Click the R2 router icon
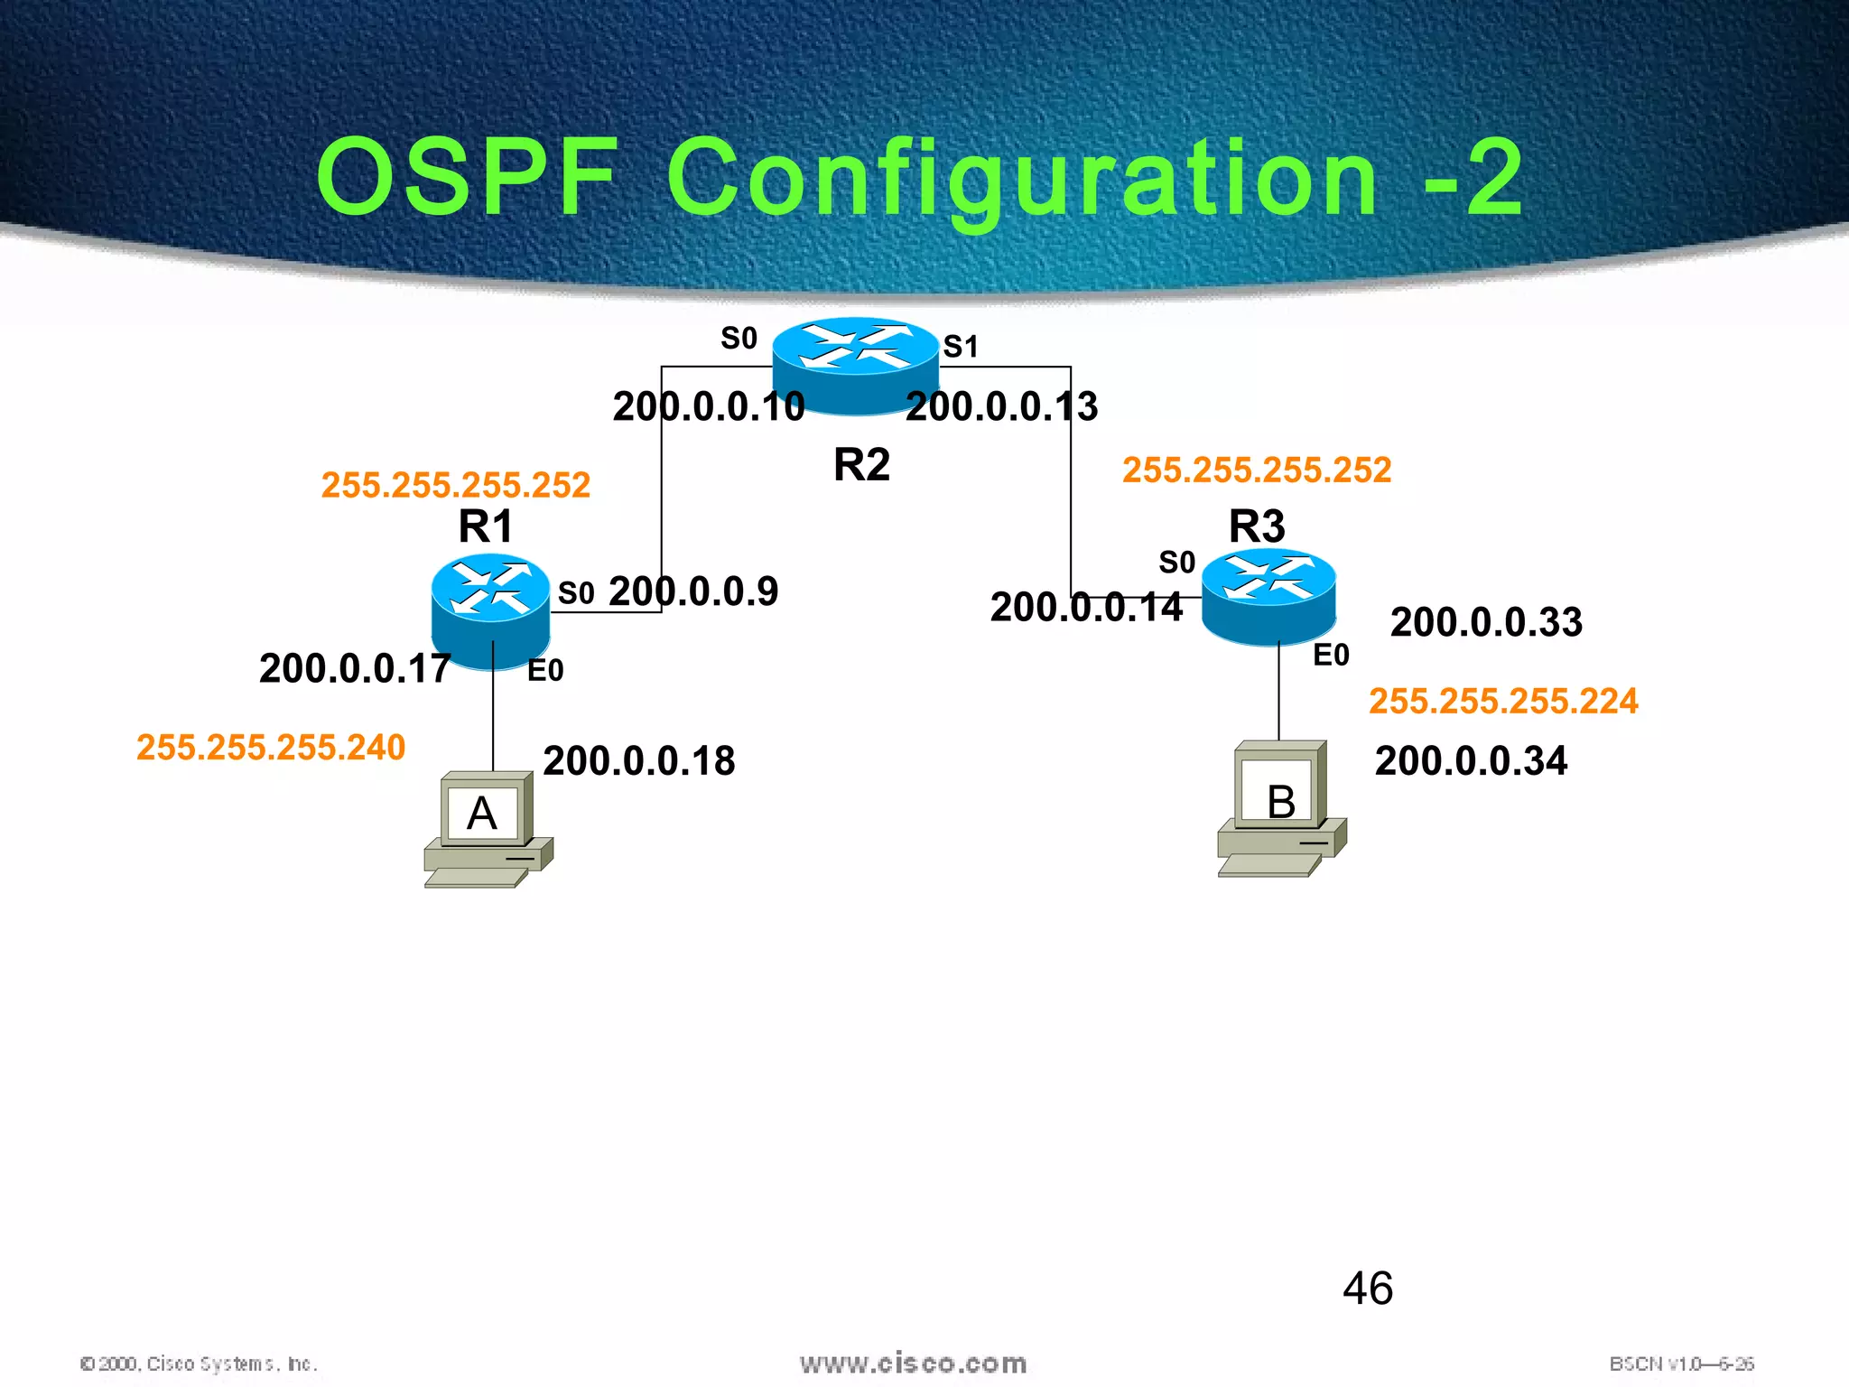pyautogui.click(x=855, y=365)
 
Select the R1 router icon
pyautogui.click(x=490, y=610)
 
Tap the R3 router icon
pyautogui.click(x=1268, y=596)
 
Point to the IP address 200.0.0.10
pyautogui.click(x=708, y=406)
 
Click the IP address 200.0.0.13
pyautogui.click(x=1001, y=406)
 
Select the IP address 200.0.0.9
pyautogui.click(x=692, y=591)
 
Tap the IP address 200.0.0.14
pyautogui.click(x=1085, y=607)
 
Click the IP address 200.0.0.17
pyautogui.click(x=355, y=668)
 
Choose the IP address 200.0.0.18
pyautogui.click(x=638, y=760)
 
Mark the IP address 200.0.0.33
pyautogui.click(x=1485, y=622)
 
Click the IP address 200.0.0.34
pyautogui.click(x=1471, y=760)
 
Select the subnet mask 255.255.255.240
pyautogui.click(x=271, y=747)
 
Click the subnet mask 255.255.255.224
pyautogui.click(x=1502, y=701)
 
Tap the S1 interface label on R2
pyautogui.click(x=961, y=346)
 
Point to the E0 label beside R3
pyautogui.click(x=1330, y=655)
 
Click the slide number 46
pyautogui.click(x=1367, y=1288)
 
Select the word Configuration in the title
pyautogui.click(x=1022, y=178)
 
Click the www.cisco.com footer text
pyautogui.click(x=913, y=1364)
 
